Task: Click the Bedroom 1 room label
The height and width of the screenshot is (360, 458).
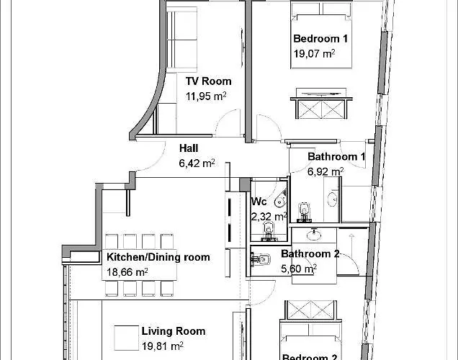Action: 320,39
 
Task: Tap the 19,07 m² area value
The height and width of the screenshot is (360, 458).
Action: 314,54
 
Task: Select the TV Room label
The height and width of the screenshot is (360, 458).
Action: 209,81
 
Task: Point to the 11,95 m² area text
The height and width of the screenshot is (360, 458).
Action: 206,96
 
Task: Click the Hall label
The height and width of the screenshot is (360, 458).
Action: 189,148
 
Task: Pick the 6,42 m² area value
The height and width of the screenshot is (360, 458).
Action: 197,163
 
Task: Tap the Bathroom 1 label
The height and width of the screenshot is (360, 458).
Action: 336,157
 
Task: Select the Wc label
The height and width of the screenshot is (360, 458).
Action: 259,202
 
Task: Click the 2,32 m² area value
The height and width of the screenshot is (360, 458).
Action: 269,217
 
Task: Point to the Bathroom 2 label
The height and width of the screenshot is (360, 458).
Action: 310,254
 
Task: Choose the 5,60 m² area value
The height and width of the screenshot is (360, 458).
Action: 299,269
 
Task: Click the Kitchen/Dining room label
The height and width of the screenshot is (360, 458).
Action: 158,257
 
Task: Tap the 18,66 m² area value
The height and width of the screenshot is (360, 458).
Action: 127,272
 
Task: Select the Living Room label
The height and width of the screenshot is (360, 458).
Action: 174,331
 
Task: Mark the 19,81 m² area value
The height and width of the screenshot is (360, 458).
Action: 163,346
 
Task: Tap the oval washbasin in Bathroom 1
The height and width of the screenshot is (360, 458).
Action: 333,200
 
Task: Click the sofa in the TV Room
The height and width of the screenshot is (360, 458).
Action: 181,40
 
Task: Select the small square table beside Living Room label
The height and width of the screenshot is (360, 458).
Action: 126,338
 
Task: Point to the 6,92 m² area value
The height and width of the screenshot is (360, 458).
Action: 325,171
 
